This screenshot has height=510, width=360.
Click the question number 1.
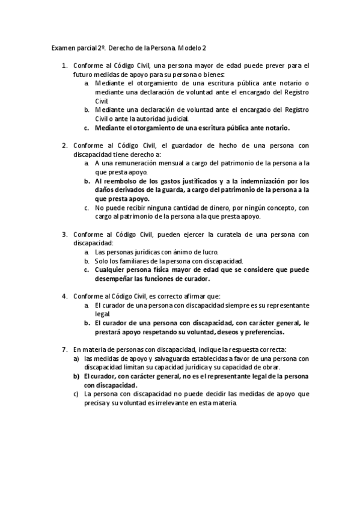tap(64, 65)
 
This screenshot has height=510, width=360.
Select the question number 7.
tap(64, 349)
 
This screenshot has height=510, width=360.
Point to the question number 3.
tap(64, 235)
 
